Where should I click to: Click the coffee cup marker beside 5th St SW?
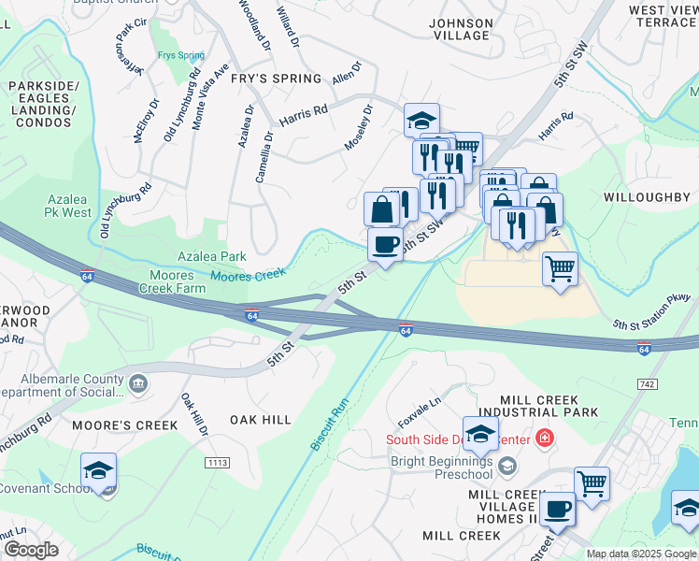[385, 246]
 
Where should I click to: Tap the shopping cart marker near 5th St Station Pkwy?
[560, 270]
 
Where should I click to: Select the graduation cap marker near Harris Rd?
[422, 121]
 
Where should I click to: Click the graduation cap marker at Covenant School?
[98, 472]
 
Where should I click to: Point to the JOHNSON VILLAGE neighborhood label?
[459, 29]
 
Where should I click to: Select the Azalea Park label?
[212, 256]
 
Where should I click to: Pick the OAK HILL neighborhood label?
[261, 420]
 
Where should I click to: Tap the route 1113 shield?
[217, 463]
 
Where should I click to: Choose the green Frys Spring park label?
[181, 55]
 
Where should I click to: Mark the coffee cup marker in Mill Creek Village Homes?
[558, 511]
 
